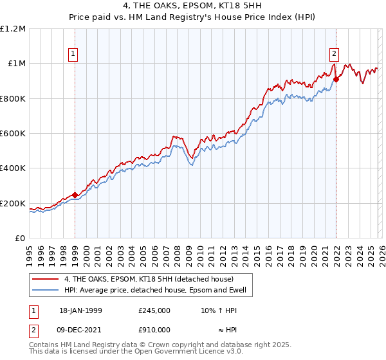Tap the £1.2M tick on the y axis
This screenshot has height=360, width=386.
coord(13,29)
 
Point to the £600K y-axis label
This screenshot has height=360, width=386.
coord(13,134)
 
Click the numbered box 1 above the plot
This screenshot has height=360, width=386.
coord(75,55)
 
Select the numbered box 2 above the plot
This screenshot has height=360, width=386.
coord(335,55)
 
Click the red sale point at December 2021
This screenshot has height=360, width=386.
coord(336,80)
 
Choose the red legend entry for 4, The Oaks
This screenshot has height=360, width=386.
coord(152,278)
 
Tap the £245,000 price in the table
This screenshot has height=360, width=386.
coord(154,310)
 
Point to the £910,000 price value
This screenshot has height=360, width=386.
coord(154,329)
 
